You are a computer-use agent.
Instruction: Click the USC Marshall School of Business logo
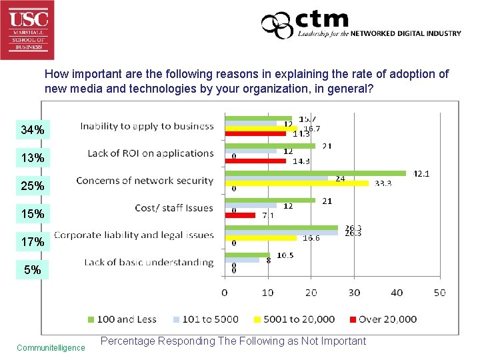(27, 29)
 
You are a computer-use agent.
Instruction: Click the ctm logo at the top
(360, 25)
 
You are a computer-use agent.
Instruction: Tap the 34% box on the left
(33, 130)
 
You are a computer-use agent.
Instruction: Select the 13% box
(33, 158)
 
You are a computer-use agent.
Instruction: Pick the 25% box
(33, 185)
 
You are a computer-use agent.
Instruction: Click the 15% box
(33, 214)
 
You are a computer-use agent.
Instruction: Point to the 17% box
(33, 242)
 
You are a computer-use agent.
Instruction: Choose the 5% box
(33, 270)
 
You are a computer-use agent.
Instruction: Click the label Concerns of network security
(145, 181)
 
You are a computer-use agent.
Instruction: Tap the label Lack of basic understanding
(149, 263)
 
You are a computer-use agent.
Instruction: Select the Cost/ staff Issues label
(174, 208)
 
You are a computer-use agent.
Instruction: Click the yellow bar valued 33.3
(297, 183)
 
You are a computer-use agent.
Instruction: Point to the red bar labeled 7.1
(240, 215)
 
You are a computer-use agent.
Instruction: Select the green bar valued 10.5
(247, 255)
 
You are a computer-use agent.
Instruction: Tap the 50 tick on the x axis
(439, 293)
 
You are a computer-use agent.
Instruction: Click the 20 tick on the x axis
(311, 293)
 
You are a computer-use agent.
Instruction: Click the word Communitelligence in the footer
(51, 347)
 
